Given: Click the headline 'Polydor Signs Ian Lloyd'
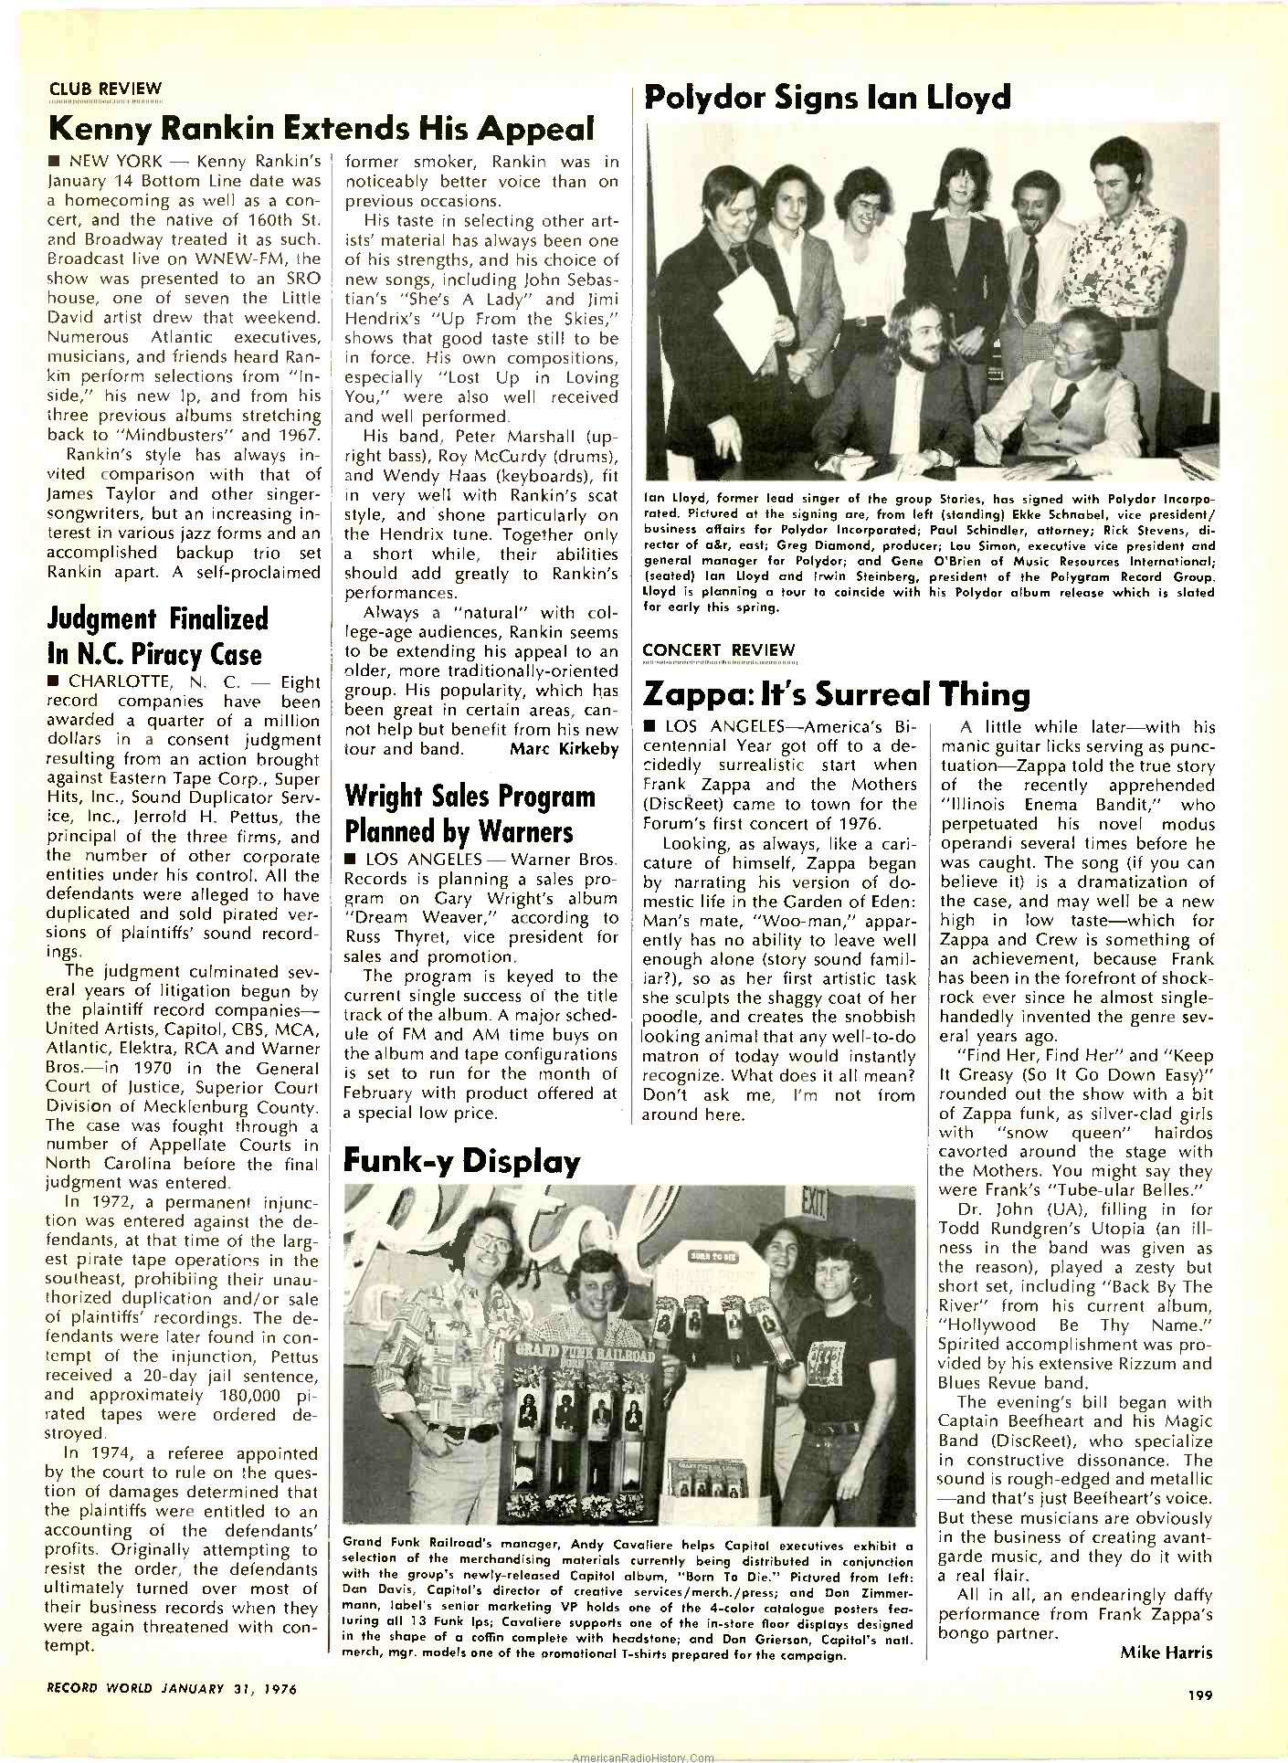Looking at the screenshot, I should pos(827,96).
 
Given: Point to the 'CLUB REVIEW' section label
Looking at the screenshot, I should pos(104,89).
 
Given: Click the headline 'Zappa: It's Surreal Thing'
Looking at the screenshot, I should pos(837,695).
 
